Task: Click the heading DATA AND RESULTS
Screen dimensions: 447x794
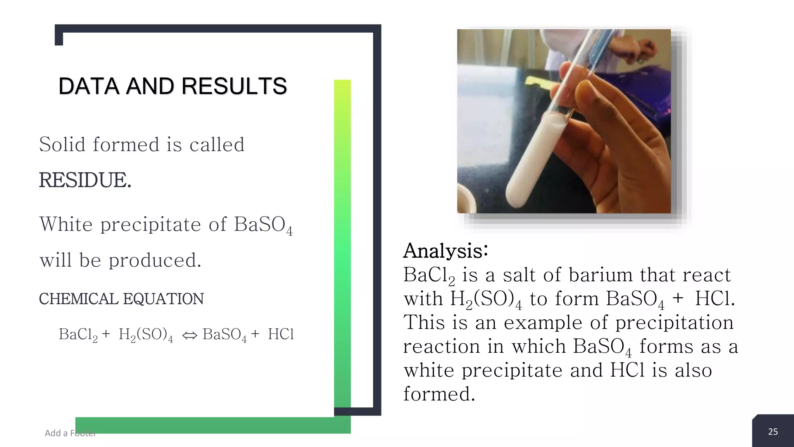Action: point(173,86)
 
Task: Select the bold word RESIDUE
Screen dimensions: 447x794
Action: point(85,180)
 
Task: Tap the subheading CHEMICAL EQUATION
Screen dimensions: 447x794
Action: point(121,299)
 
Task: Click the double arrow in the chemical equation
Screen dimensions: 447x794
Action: point(190,335)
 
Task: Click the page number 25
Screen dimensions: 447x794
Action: point(773,432)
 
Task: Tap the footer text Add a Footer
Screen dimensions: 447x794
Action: point(70,433)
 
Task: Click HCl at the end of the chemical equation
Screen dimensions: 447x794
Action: point(281,334)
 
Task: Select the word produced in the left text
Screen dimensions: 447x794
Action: point(155,260)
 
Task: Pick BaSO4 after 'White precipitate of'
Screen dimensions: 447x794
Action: point(263,225)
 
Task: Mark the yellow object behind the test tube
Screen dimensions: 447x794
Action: point(539,82)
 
